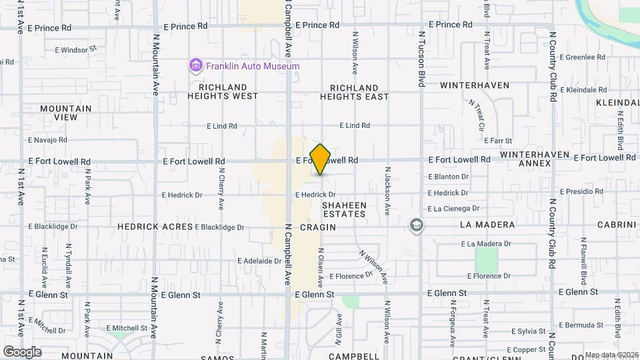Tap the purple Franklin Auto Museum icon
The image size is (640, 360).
[x=196, y=66]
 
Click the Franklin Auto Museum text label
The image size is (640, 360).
[x=253, y=66]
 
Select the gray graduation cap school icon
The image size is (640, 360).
[x=417, y=225]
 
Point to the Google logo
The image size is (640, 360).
[x=22, y=351]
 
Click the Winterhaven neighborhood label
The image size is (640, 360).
[x=475, y=85]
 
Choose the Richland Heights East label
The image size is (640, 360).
[x=354, y=92]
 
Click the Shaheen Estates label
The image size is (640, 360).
[x=344, y=209]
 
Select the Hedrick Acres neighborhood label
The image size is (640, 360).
[x=155, y=227]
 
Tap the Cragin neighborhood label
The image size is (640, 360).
[x=317, y=227]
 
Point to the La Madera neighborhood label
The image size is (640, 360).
[x=487, y=225]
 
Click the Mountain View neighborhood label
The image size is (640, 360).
[x=65, y=113]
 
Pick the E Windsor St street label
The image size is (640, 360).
[x=76, y=49]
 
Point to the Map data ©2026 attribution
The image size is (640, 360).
[x=611, y=355]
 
